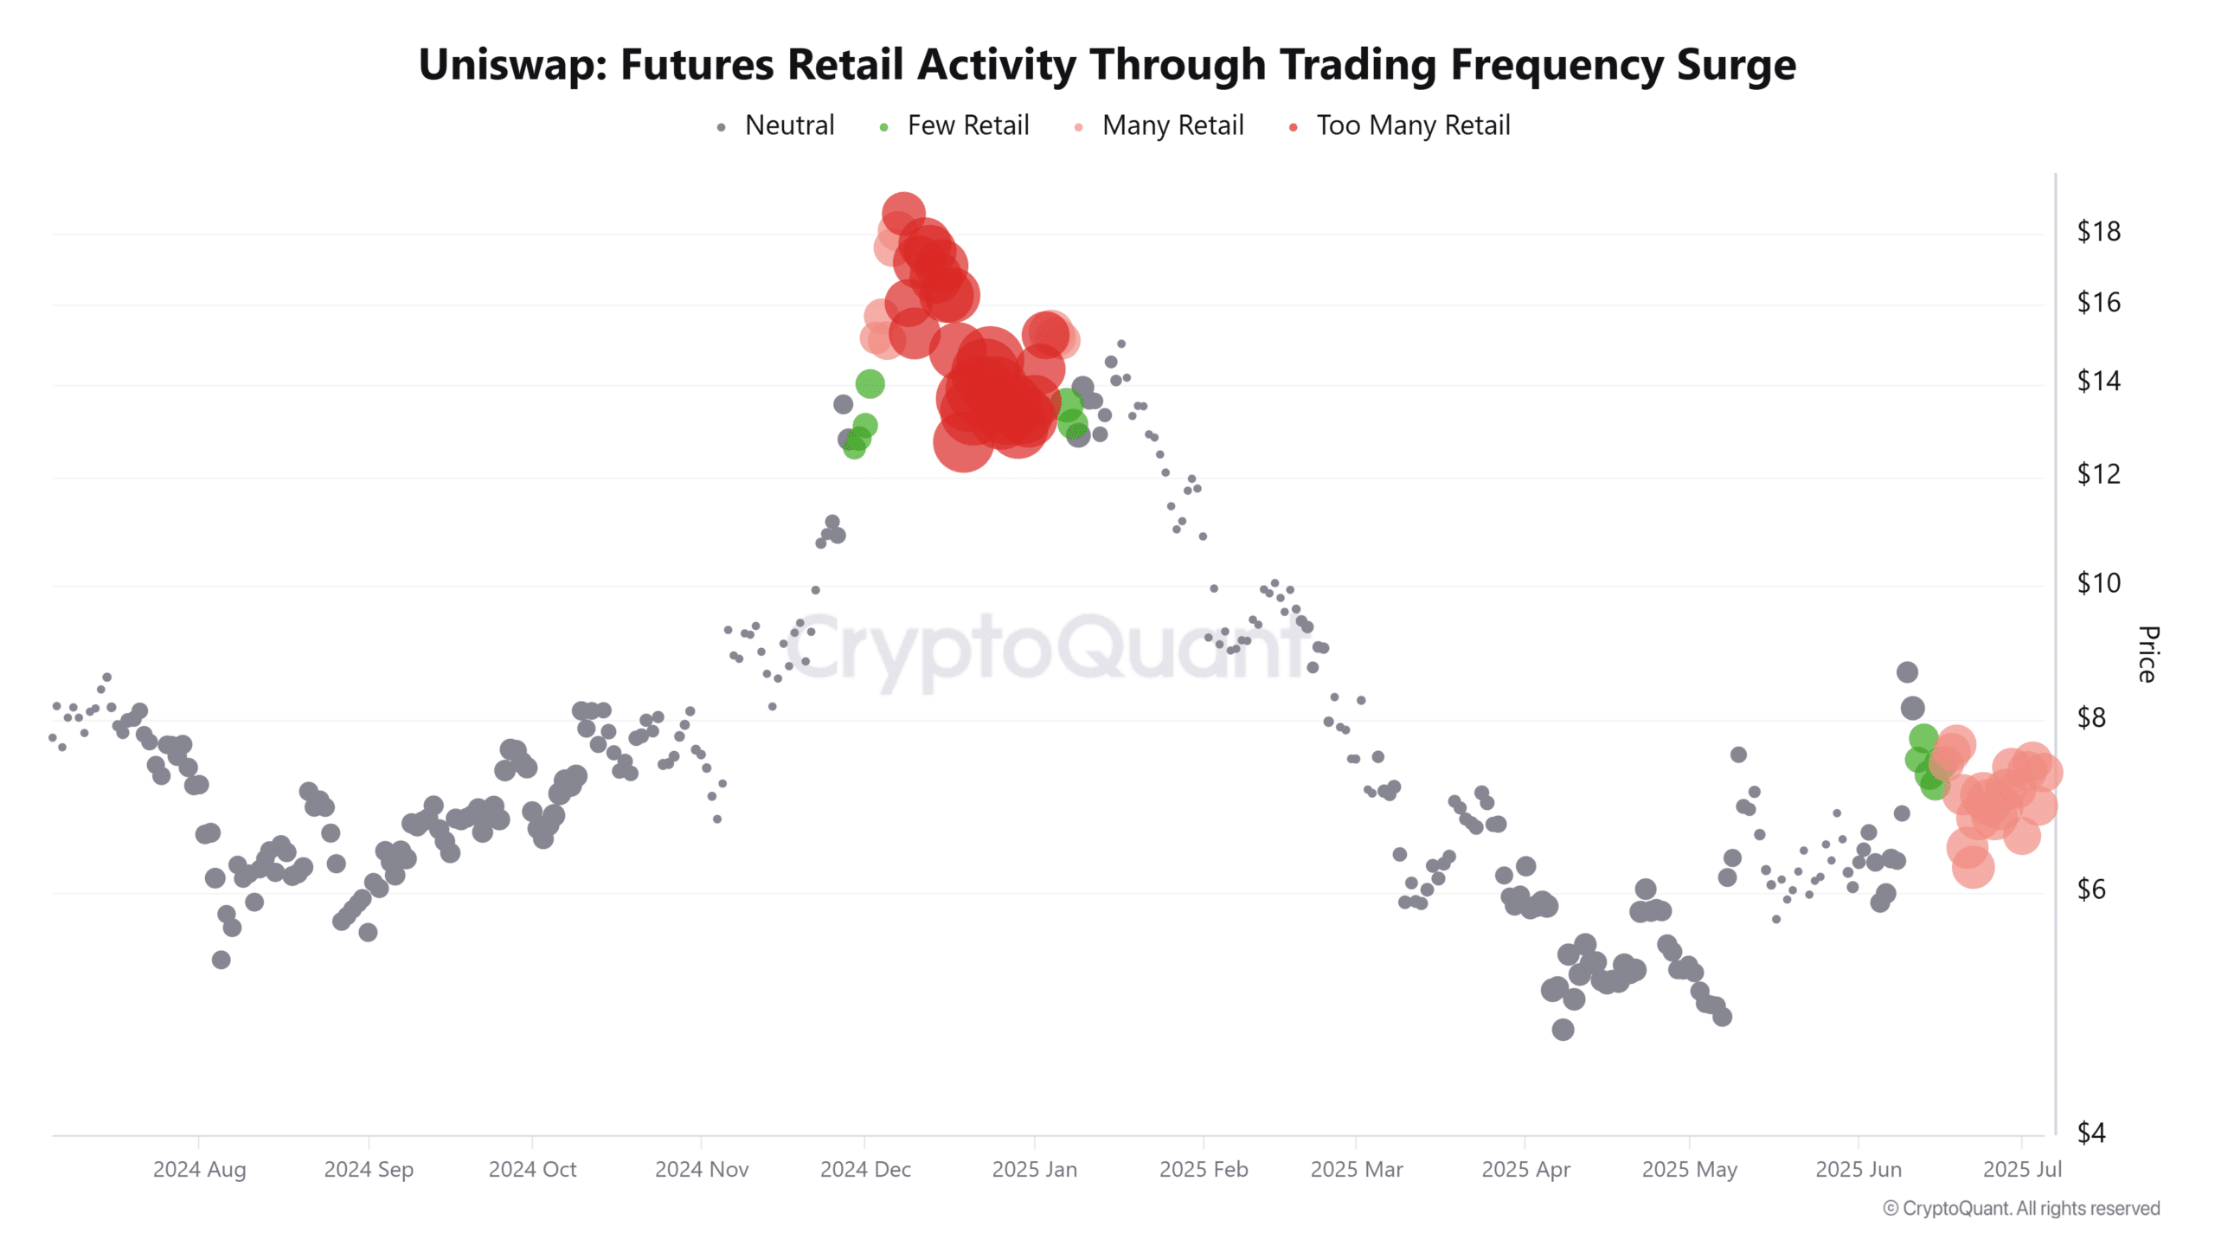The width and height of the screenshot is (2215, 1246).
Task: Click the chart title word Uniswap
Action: pos(513,65)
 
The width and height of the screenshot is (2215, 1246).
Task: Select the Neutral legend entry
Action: pos(776,126)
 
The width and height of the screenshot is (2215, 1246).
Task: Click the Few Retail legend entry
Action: pos(953,126)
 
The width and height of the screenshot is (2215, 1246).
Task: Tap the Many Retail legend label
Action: pos(1172,126)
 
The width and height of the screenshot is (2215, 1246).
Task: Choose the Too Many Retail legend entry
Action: pos(1399,126)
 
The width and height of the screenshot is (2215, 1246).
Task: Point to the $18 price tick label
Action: pos(2098,232)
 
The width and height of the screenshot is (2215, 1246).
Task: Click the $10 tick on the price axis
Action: pos(2098,584)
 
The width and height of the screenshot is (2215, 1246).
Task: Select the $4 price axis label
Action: pos(2091,1133)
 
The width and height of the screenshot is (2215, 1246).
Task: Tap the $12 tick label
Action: pos(2098,474)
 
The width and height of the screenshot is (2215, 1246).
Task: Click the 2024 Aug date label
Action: pos(200,1170)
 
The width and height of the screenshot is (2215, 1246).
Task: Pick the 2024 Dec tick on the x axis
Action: pos(865,1170)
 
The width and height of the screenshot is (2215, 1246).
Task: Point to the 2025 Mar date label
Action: pos(1357,1170)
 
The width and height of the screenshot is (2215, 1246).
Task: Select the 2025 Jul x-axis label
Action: pos(2022,1170)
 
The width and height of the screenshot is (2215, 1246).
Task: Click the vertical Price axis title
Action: pos(2148,654)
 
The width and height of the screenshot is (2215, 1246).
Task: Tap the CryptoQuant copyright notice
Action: pos(2021,1209)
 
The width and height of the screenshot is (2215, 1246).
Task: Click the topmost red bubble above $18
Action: pos(903,214)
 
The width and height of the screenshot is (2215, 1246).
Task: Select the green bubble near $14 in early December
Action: pos(870,383)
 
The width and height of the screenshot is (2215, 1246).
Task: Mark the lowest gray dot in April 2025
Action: pos(1563,1030)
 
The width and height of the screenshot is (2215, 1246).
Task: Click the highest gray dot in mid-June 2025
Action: pos(1907,672)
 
